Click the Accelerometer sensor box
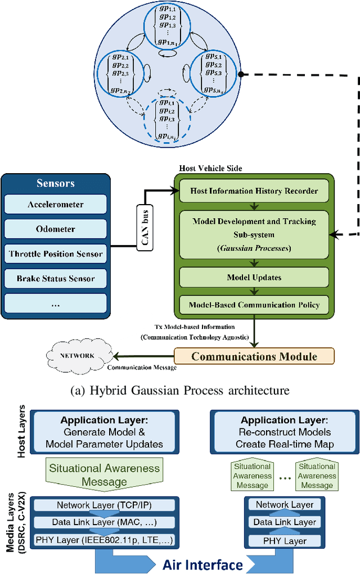coord(56,205)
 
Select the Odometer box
coord(56,229)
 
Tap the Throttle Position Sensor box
coord(56,254)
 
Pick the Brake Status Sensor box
coord(56,278)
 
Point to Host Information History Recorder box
coord(254,191)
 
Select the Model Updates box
coord(254,277)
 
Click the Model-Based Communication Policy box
coord(254,305)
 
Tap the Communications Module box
coord(254,356)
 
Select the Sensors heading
coord(56,183)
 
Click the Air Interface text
coord(202,564)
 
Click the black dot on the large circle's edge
coord(240,74)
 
